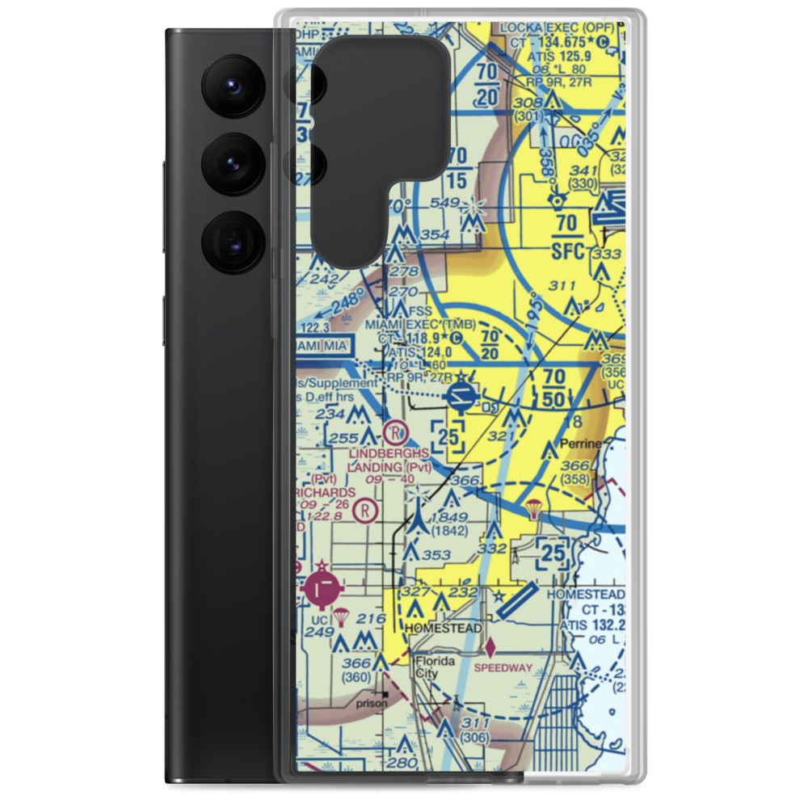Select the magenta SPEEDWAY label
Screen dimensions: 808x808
coord(503,667)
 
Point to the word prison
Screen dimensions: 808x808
coord(371,703)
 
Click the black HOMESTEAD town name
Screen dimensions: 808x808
coord(444,628)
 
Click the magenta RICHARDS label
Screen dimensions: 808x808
coord(326,492)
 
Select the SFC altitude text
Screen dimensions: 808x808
coord(567,251)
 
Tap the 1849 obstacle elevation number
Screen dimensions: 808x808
coord(448,517)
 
